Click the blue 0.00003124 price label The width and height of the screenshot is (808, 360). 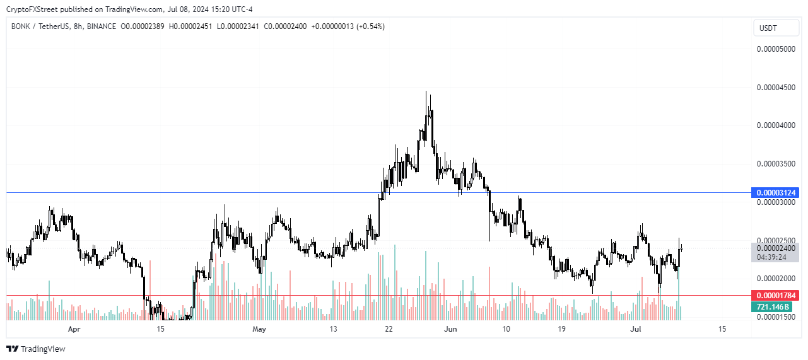[775, 192]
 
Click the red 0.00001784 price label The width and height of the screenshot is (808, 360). [775, 295]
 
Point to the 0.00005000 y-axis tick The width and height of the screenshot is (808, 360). [776, 49]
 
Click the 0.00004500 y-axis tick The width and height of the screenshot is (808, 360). [776, 88]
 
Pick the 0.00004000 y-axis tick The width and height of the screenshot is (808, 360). [776, 126]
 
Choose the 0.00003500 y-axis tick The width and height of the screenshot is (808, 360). [776, 164]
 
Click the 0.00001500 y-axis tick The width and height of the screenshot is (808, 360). [776, 317]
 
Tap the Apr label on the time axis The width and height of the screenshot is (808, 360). [74, 329]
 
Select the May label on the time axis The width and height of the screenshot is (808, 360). [259, 329]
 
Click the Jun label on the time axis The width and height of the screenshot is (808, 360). [450, 329]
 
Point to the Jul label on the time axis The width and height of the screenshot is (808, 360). [636, 329]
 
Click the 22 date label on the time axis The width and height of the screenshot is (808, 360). [389, 329]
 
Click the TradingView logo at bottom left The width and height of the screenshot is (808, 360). [36, 349]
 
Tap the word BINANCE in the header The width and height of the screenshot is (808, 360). [100, 26]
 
